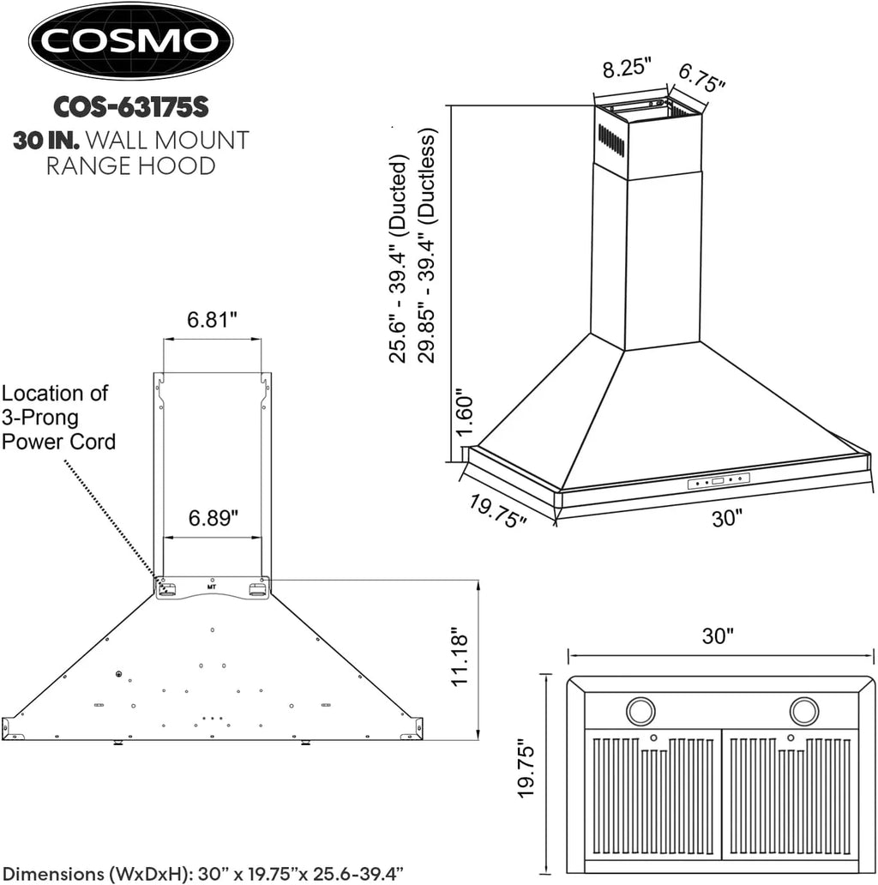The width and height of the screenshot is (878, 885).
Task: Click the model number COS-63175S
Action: [131, 108]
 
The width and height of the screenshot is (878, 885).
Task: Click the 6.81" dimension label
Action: [212, 319]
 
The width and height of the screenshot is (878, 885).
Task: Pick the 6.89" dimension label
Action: [212, 518]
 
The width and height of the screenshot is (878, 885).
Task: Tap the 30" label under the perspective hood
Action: [725, 517]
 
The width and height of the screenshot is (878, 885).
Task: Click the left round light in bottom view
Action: [639, 710]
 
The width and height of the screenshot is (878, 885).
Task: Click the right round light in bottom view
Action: [804, 710]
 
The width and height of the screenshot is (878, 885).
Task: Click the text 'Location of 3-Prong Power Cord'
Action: [58, 418]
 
